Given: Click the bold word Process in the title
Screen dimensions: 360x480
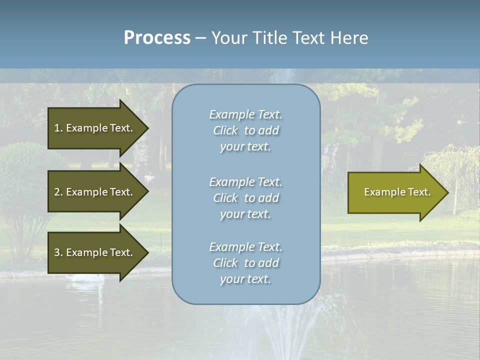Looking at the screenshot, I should (x=157, y=38).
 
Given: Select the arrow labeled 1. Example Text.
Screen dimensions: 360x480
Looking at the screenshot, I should (x=95, y=128).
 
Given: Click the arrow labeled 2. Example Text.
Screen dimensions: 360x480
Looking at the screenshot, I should (x=95, y=192).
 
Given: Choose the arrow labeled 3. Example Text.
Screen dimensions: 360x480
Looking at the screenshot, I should (x=95, y=252).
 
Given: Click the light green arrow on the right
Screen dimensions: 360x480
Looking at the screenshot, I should (x=395, y=192).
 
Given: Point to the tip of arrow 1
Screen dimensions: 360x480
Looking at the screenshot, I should (x=147, y=128).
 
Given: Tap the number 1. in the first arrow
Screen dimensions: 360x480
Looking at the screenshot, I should (x=58, y=128).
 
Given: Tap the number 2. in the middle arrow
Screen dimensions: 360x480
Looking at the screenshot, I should (x=58, y=192).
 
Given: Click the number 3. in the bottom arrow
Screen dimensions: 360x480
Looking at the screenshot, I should (x=58, y=252).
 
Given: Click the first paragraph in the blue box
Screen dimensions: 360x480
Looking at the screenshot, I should (x=245, y=130).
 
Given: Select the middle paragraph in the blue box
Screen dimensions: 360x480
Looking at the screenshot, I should (x=245, y=198).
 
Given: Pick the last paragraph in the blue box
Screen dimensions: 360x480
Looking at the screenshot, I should (x=245, y=263).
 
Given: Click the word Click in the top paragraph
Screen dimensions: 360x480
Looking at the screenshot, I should (x=225, y=131).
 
